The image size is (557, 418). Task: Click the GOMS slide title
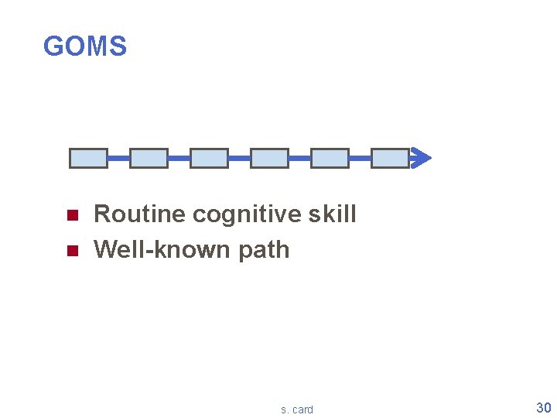click(x=85, y=46)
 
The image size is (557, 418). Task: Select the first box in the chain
click(x=88, y=158)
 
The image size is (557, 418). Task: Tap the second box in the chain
click(x=149, y=158)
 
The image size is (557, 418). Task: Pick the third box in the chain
click(x=209, y=158)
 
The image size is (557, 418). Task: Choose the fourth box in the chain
click(x=269, y=158)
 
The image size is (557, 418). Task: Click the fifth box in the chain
click(x=330, y=158)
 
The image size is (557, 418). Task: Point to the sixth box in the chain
click(x=390, y=158)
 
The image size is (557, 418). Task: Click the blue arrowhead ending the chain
click(x=422, y=158)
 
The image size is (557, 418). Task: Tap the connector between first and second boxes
click(x=118, y=158)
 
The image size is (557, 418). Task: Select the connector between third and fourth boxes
click(x=239, y=158)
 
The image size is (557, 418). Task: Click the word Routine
click(x=139, y=214)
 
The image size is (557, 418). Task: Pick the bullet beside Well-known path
click(x=72, y=251)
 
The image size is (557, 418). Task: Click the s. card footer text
click(x=297, y=409)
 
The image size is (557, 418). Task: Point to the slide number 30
click(x=543, y=408)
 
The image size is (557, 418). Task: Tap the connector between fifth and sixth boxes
click(x=360, y=158)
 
